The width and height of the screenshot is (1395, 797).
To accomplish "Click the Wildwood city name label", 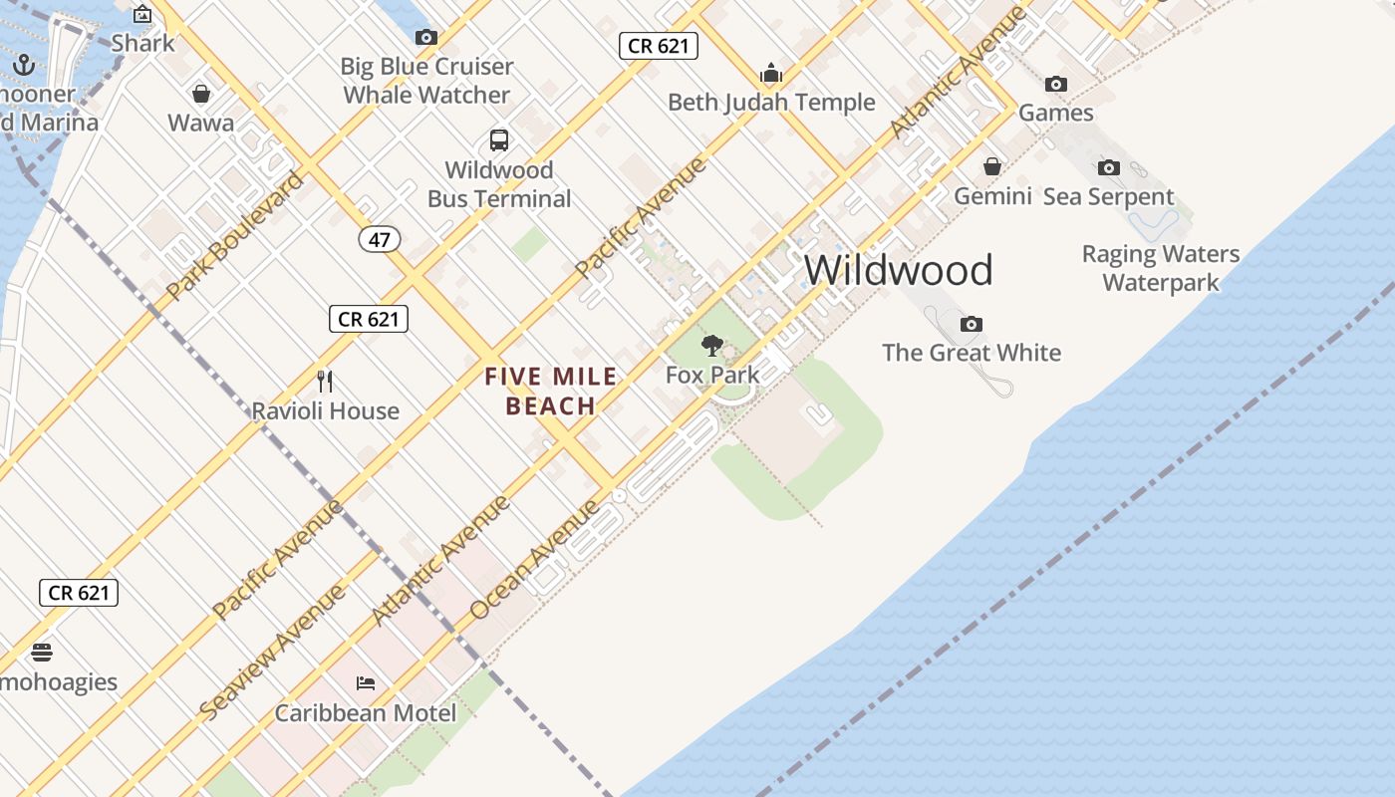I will (899, 270).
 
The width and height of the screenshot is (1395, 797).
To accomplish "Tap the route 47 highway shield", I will (380, 239).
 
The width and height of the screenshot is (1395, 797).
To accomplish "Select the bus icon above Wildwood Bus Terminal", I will (499, 140).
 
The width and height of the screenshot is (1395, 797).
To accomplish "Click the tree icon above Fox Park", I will (711, 346).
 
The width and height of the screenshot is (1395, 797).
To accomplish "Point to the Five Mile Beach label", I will (551, 392).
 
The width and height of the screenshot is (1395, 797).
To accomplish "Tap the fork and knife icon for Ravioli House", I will (325, 381).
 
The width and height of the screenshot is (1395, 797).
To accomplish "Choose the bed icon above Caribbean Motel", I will (366, 683).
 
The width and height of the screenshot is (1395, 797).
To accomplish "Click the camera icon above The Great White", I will (972, 324).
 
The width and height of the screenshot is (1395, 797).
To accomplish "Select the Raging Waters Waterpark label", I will (1161, 268).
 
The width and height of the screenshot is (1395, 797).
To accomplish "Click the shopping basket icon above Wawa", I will (201, 94).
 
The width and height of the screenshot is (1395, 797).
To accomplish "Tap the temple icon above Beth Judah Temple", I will (770, 73).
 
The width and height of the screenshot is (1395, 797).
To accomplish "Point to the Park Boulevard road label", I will (235, 235).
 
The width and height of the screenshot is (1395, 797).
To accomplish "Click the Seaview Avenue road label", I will (273, 652).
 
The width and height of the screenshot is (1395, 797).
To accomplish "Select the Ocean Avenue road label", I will (535, 559).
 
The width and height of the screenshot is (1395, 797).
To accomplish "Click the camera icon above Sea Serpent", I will (1108, 167).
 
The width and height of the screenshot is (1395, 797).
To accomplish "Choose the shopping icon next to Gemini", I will (992, 166).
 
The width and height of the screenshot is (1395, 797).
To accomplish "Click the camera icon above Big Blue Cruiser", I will (426, 38).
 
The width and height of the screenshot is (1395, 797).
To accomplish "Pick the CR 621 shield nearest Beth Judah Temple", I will (658, 45).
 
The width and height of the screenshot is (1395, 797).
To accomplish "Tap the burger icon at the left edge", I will (41, 653).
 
